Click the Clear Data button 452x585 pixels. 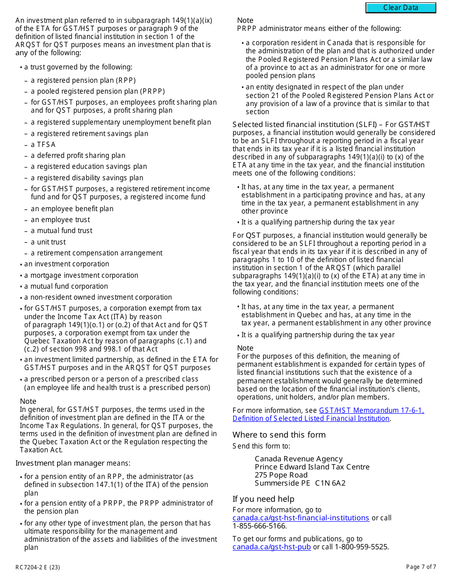point(401,8)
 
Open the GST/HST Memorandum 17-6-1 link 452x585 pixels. point(371,410)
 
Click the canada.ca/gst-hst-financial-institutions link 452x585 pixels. point(301,518)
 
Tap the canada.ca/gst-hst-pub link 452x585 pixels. point(272,547)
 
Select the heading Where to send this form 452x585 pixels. point(279,435)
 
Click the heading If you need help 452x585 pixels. point(263,499)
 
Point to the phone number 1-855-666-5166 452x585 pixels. point(259,526)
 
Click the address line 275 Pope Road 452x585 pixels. point(281,475)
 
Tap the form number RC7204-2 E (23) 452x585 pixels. point(38,567)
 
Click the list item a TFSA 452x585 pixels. point(43,145)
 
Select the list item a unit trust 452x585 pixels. point(48,242)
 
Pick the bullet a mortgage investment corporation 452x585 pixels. point(81,275)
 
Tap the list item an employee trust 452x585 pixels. point(60,220)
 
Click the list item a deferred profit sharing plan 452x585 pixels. point(78,156)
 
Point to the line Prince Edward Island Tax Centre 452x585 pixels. point(312,467)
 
